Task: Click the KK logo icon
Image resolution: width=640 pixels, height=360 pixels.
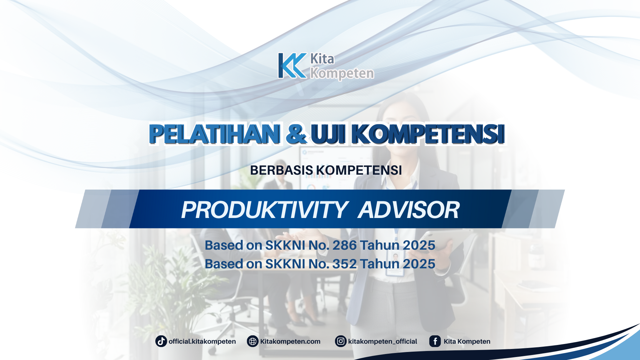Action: pyautogui.click(x=292, y=66)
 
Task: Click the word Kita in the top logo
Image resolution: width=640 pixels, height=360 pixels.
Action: pyautogui.click(x=322, y=59)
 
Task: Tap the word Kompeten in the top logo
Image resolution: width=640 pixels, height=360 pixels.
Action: pyautogui.click(x=342, y=73)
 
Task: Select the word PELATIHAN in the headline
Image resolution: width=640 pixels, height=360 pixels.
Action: pyautogui.click(x=214, y=134)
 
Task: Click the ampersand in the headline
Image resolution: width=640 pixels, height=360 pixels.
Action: pyautogui.click(x=296, y=134)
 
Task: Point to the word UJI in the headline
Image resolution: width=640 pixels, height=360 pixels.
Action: pyautogui.click(x=328, y=134)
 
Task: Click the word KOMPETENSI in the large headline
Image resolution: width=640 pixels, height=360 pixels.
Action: pyautogui.click(x=428, y=134)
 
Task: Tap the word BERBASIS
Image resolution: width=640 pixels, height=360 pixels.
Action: pyautogui.click(x=281, y=170)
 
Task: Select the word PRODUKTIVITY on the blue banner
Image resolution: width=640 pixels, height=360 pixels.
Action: pyautogui.click(x=264, y=210)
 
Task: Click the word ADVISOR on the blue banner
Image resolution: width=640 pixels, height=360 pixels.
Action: pyautogui.click(x=409, y=210)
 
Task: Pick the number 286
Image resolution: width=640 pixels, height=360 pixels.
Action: pyautogui.click(x=344, y=245)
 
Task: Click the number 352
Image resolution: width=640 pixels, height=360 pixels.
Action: pyautogui.click(x=344, y=264)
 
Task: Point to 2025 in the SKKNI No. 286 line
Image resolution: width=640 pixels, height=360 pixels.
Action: pyautogui.click(x=419, y=245)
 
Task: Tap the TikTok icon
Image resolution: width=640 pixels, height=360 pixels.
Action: pyautogui.click(x=161, y=341)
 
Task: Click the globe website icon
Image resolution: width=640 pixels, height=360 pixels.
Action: pyautogui.click(x=253, y=341)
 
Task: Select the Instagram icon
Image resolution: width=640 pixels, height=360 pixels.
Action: pyautogui.click(x=341, y=341)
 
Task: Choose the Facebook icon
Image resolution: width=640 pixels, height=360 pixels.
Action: pyautogui.click(x=435, y=341)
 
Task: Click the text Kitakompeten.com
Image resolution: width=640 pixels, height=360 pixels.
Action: pyautogui.click(x=290, y=341)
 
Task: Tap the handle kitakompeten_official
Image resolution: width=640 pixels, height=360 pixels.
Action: pyautogui.click(x=382, y=341)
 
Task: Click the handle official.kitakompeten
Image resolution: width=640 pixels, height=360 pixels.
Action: pyautogui.click(x=202, y=341)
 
